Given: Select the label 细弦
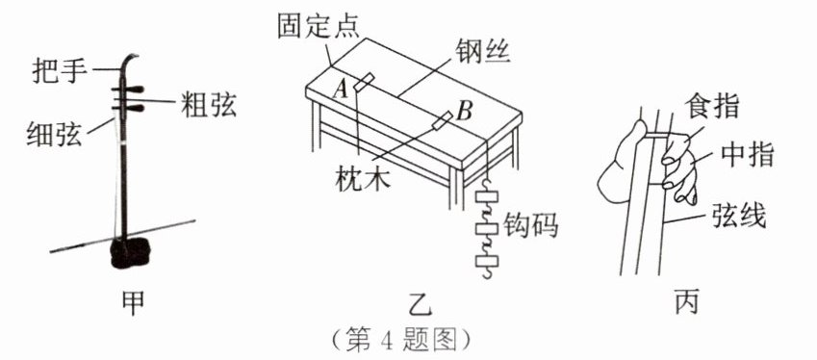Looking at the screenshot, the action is tap(54, 134).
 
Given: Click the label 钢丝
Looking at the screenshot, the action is tap(482, 51).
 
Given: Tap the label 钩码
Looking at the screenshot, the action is tap(531, 225).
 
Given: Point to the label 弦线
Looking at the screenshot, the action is tap(738, 214).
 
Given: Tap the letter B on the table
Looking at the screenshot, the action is tap(464, 111).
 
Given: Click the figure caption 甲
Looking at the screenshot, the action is tap(133, 301).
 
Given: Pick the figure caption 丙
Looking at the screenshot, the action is tap(687, 301).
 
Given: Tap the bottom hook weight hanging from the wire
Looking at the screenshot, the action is tap(487, 261).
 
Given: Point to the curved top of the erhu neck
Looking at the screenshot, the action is tap(128, 63).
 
